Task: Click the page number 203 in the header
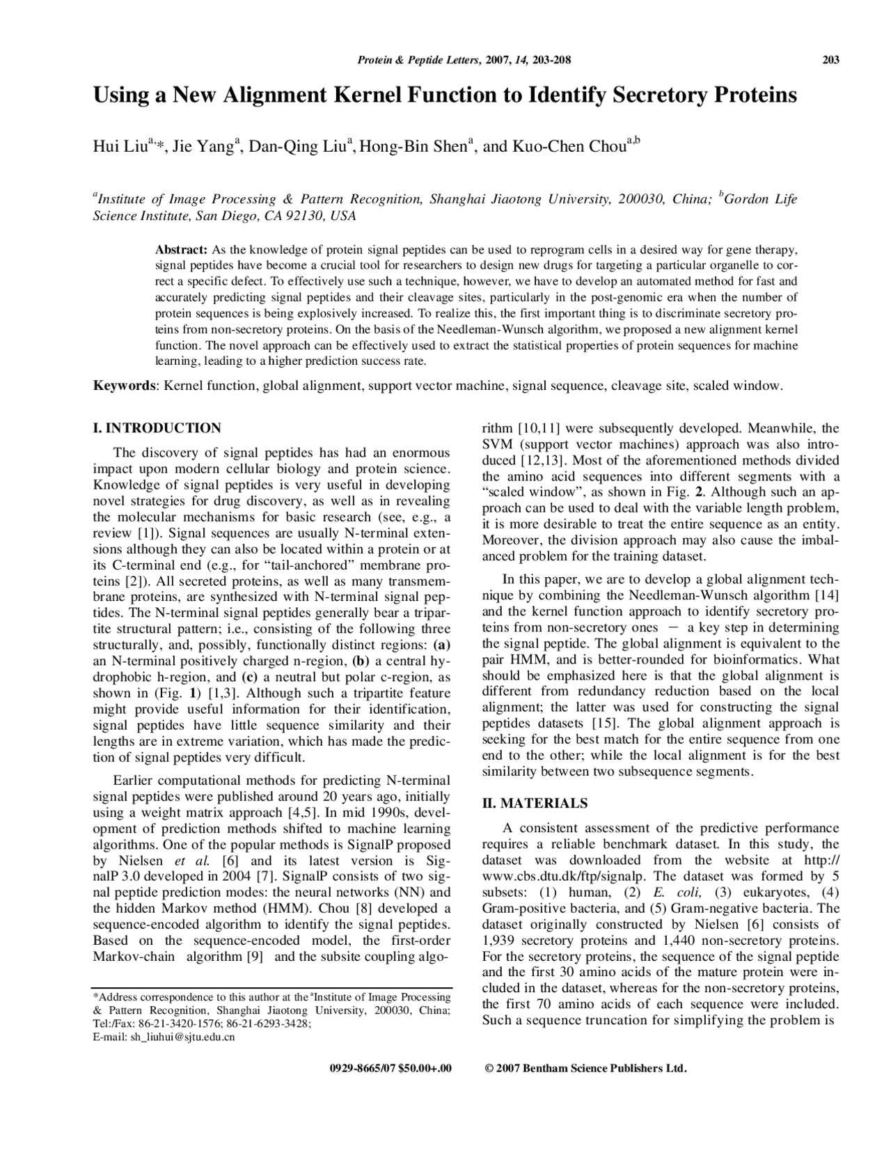[830, 60]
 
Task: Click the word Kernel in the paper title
[370, 95]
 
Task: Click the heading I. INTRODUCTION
[157, 428]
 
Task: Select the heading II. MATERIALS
[535, 803]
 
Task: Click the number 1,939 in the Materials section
[498, 940]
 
